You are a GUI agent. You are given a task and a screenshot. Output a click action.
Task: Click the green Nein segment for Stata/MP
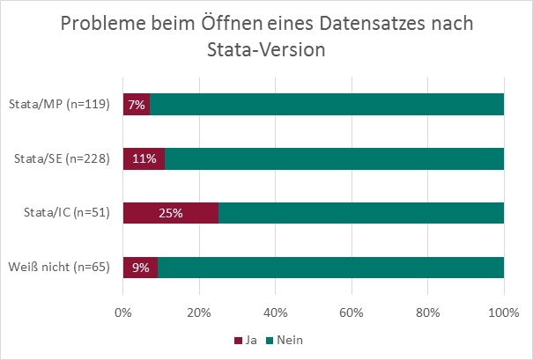326,105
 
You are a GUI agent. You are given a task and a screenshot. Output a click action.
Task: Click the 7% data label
137,105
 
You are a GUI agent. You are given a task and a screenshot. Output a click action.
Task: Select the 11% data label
144,159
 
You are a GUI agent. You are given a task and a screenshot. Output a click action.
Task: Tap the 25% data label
171,213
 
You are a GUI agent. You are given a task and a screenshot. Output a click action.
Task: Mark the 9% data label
141,267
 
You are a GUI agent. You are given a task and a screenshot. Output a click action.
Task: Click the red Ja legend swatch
237,339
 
